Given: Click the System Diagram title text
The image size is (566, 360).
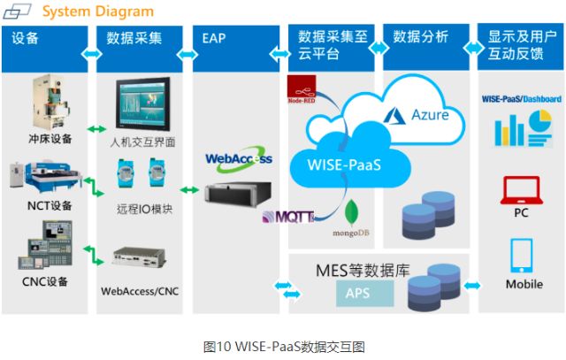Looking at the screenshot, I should tap(97, 11).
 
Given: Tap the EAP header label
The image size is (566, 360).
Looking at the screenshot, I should tap(214, 39).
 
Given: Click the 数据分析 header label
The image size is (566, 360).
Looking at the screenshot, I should tap(420, 38).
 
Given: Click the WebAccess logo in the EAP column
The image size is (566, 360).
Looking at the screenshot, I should tap(236, 159).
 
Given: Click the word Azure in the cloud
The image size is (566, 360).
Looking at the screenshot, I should tap(430, 115).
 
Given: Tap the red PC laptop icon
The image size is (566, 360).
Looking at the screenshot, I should tap(521, 189).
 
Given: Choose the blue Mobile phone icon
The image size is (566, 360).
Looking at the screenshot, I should tap(521, 255).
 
